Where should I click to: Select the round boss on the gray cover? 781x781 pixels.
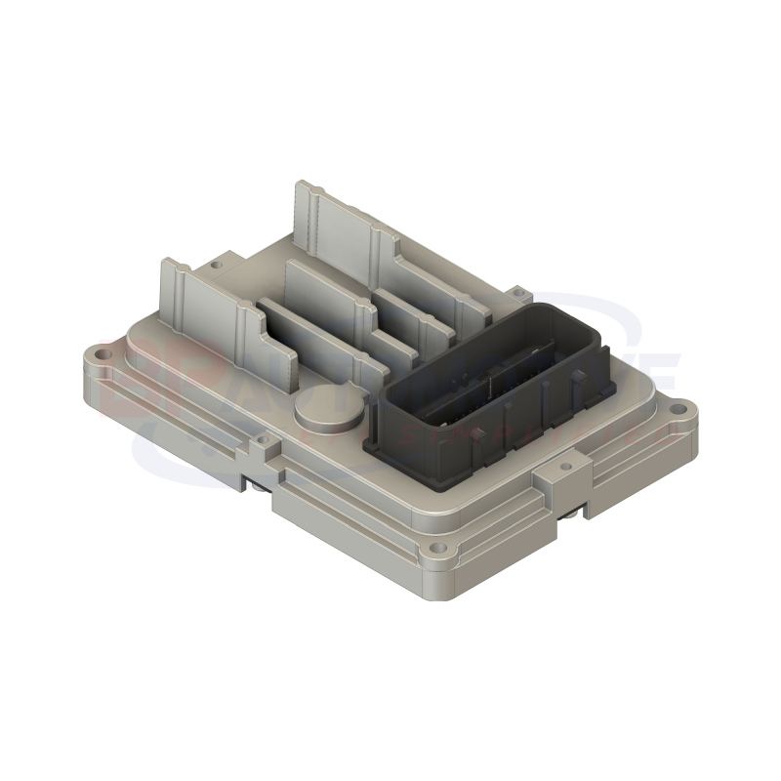[320, 407]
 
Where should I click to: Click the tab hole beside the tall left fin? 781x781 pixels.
[215, 264]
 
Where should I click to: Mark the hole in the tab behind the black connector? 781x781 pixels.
[516, 290]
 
